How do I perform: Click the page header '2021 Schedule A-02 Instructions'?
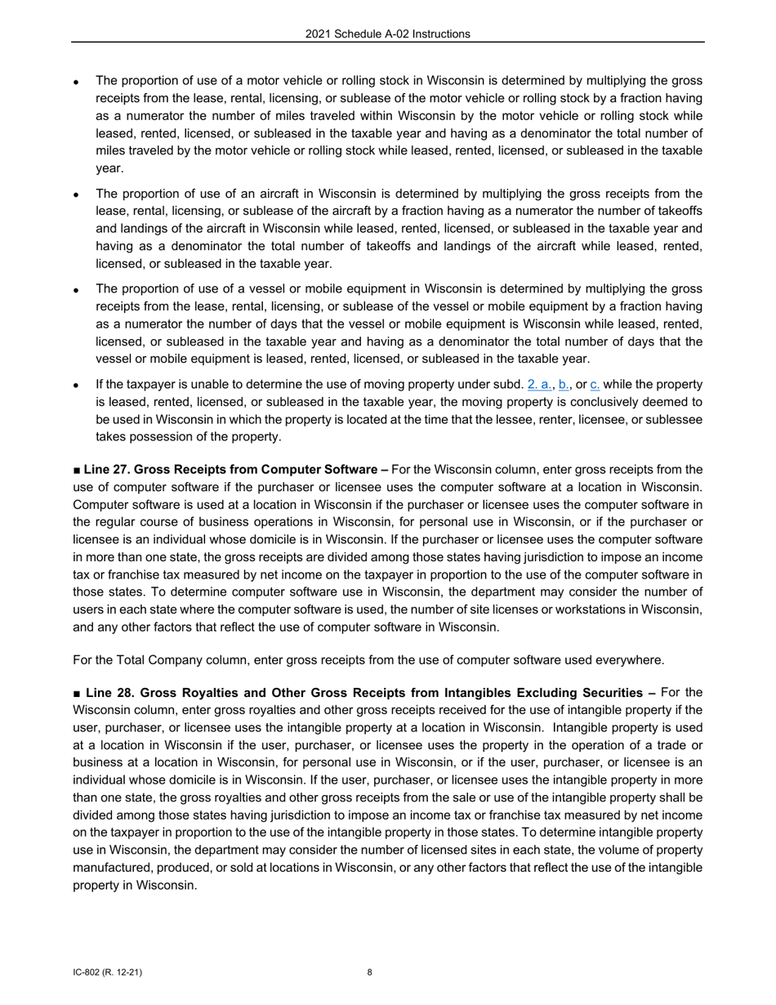coord(387,33)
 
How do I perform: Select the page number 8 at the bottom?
coord(370,972)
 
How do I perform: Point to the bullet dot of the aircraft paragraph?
coord(76,195)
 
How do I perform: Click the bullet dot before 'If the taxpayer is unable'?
coord(76,385)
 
